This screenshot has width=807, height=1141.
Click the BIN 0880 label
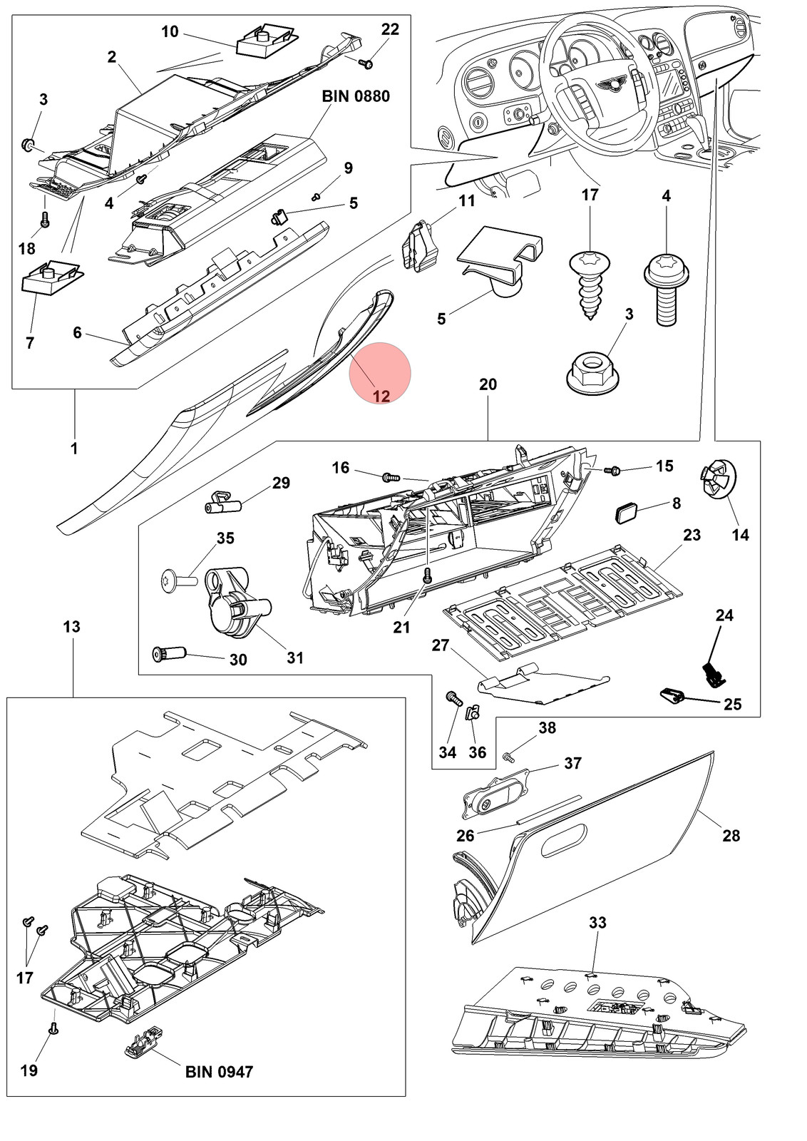coord(356,96)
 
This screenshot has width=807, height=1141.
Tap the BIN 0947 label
coord(219,1072)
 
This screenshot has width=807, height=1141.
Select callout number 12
coord(381,396)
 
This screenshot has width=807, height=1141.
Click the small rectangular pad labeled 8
coord(626,512)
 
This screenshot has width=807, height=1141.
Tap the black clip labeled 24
coord(714,675)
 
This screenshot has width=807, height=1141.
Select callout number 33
coord(597,922)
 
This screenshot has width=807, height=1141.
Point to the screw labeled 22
coord(366,63)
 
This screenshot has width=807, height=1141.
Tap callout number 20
coord(488,384)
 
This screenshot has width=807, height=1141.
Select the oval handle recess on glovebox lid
coord(564,841)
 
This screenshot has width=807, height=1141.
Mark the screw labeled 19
coord(53,1030)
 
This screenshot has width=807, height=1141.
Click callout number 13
coord(72,626)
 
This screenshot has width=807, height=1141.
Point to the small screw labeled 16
coord(391,477)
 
